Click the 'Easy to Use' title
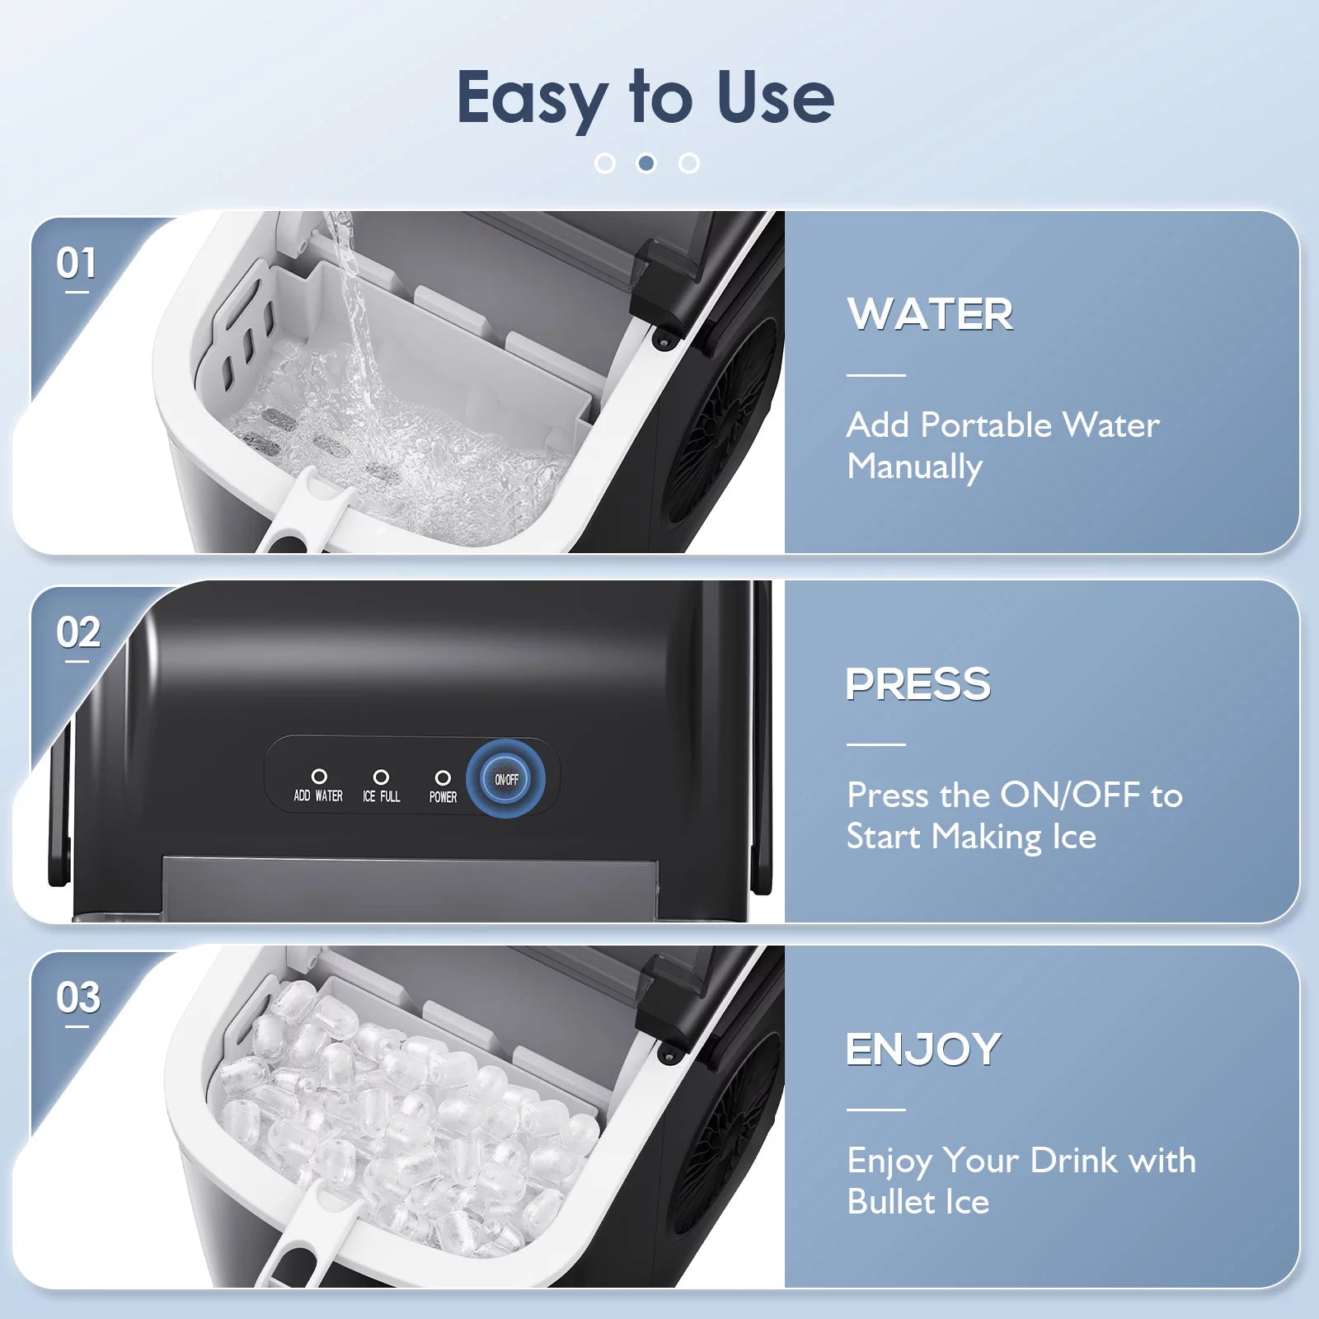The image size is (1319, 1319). [645, 97]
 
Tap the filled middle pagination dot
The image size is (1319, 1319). [646, 163]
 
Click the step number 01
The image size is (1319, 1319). [77, 264]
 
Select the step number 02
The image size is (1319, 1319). [78, 633]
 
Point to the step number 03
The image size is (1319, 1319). [78, 997]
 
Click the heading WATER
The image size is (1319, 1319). [930, 314]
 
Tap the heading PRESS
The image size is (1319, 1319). [918, 684]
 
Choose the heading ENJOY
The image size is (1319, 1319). [923, 1049]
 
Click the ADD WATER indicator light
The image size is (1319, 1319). [319, 777]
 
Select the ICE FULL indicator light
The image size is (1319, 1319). [381, 777]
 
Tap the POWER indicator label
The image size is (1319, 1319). [443, 797]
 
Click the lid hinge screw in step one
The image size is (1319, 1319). [661, 339]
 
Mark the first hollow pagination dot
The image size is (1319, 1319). [604, 163]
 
